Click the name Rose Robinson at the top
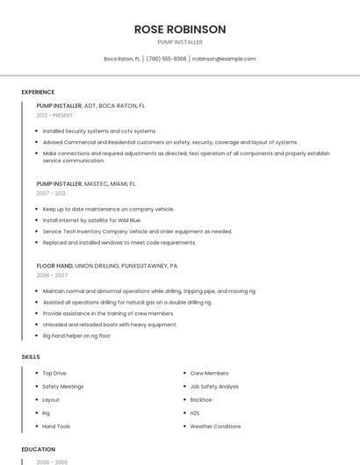180,29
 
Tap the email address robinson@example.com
224,59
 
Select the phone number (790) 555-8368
166,59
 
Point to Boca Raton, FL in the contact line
122,59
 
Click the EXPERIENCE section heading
38,92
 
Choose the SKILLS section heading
31,357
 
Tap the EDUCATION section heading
38,449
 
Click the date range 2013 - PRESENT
54,116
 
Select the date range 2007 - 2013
51,193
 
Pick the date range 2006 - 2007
52,275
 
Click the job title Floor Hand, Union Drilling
106,265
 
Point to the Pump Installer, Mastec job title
86,184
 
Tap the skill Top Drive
54,373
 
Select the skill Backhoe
201,400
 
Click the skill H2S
195,413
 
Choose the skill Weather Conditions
215,426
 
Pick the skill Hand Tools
56,426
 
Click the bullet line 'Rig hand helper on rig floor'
76,336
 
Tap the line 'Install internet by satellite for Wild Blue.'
91,220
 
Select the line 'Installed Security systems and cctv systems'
98,131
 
